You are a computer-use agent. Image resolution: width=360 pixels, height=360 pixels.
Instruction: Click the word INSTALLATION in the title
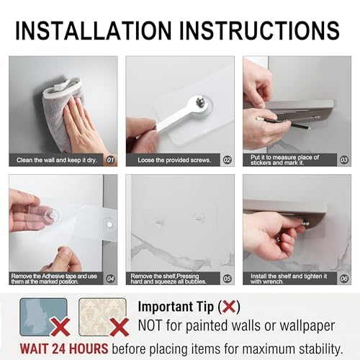(94, 30)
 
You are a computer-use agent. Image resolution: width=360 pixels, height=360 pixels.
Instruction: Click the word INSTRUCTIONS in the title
(259, 30)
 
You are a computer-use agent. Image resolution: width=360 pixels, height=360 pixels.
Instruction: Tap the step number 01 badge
(110, 160)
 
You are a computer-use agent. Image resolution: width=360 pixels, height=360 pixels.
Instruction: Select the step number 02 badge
(228, 160)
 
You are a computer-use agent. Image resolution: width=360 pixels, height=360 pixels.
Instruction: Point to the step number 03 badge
(344, 160)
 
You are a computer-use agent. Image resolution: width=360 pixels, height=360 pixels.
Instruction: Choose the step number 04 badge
(110, 279)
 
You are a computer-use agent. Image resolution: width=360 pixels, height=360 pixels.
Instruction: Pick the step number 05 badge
(228, 279)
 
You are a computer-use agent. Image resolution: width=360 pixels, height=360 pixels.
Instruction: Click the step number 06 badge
(344, 279)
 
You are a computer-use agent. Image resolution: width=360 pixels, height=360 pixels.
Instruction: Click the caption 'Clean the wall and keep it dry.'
(57, 160)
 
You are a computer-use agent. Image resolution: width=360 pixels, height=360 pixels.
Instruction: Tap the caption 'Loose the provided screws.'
(174, 160)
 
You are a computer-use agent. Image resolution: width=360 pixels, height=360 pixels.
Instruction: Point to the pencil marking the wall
(283, 122)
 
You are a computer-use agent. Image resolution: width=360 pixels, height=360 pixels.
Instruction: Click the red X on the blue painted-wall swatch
(60, 327)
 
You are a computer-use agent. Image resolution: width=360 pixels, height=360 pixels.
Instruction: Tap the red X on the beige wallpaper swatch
(120, 327)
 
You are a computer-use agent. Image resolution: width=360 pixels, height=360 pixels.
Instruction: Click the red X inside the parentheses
(229, 307)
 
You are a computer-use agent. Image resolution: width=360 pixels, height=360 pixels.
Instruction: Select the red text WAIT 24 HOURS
(64, 348)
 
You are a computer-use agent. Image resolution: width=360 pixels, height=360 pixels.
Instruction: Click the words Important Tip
(176, 307)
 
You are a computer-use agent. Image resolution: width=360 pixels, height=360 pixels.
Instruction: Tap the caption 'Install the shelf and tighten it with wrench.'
(289, 279)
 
